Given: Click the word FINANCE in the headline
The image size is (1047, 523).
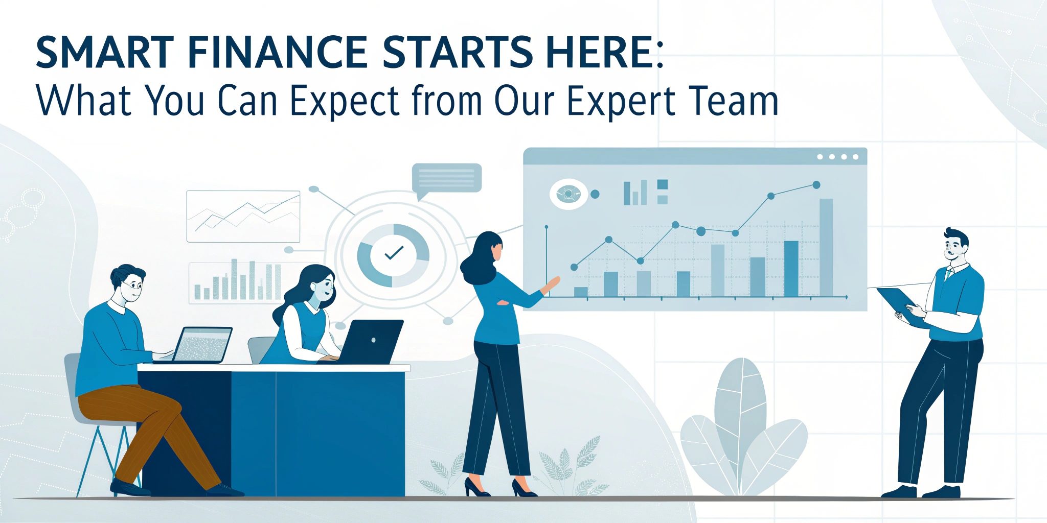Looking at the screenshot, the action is pyautogui.click(x=278, y=52).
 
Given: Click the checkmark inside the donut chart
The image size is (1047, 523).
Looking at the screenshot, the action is pyautogui.click(x=394, y=252).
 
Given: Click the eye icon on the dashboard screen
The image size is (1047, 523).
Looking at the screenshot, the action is pyautogui.click(x=568, y=194).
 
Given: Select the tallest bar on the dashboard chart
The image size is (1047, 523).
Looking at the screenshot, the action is pyautogui.click(x=826, y=247).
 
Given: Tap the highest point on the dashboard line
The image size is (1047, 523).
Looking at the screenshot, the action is pyautogui.click(x=816, y=185).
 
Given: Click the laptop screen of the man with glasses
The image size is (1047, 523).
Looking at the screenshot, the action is pyautogui.click(x=202, y=344).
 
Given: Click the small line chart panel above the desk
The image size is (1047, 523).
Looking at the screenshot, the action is pyautogui.click(x=243, y=216).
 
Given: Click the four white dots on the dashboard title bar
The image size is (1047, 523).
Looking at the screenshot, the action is pyautogui.click(x=838, y=157).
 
